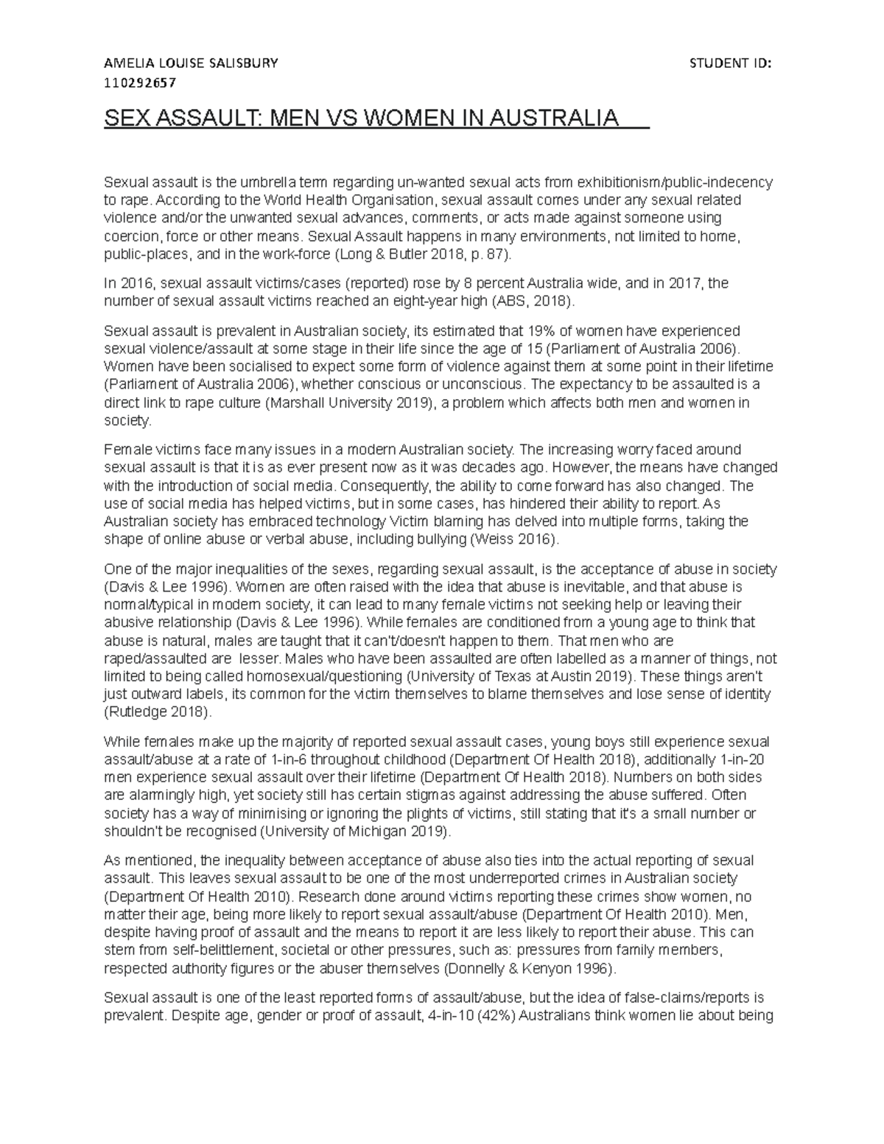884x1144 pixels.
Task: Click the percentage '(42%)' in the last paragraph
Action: click(x=497, y=1016)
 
